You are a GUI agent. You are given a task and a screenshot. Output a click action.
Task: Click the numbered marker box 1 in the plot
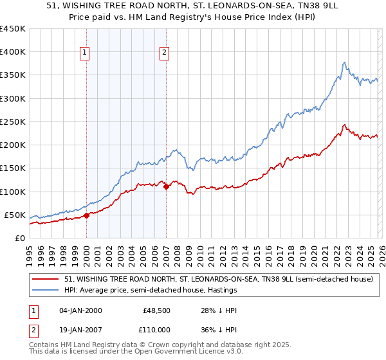86,53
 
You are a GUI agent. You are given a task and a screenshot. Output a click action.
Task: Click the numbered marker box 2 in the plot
165,53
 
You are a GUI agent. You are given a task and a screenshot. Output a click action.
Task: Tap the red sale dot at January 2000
87,215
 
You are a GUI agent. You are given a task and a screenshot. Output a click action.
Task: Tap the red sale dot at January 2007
167,187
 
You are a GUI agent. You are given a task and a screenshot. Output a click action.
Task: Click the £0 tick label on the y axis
20,238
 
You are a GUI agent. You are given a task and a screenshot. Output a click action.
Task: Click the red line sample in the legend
46,280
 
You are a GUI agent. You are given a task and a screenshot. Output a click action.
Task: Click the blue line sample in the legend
46,291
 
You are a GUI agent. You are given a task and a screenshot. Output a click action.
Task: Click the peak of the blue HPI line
345,62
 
